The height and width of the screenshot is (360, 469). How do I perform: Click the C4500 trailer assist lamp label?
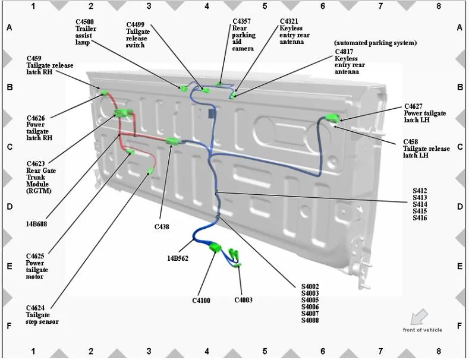coord(86,32)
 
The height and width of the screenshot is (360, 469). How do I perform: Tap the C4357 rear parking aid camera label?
coord(244,35)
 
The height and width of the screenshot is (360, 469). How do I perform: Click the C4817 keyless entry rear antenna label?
coord(347,62)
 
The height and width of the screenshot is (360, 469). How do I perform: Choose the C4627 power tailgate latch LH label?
coord(424,113)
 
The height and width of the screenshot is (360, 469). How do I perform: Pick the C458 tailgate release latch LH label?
coord(424,149)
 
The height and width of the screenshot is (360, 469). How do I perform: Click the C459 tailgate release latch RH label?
coord(50,65)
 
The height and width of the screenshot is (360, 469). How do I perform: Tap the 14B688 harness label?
coord(37,225)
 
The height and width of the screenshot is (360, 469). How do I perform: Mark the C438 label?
coord(162,226)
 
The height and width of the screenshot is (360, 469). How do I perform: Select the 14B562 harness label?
coord(178,258)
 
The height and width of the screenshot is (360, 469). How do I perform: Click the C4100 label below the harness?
coord(201,301)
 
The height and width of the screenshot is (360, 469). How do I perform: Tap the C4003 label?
coord(243,300)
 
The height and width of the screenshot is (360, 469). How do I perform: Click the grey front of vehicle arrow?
coord(421,315)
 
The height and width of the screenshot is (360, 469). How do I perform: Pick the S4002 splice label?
coord(310,286)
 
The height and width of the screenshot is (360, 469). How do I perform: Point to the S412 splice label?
coord(420,191)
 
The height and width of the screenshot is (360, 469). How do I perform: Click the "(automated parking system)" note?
coord(375,43)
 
